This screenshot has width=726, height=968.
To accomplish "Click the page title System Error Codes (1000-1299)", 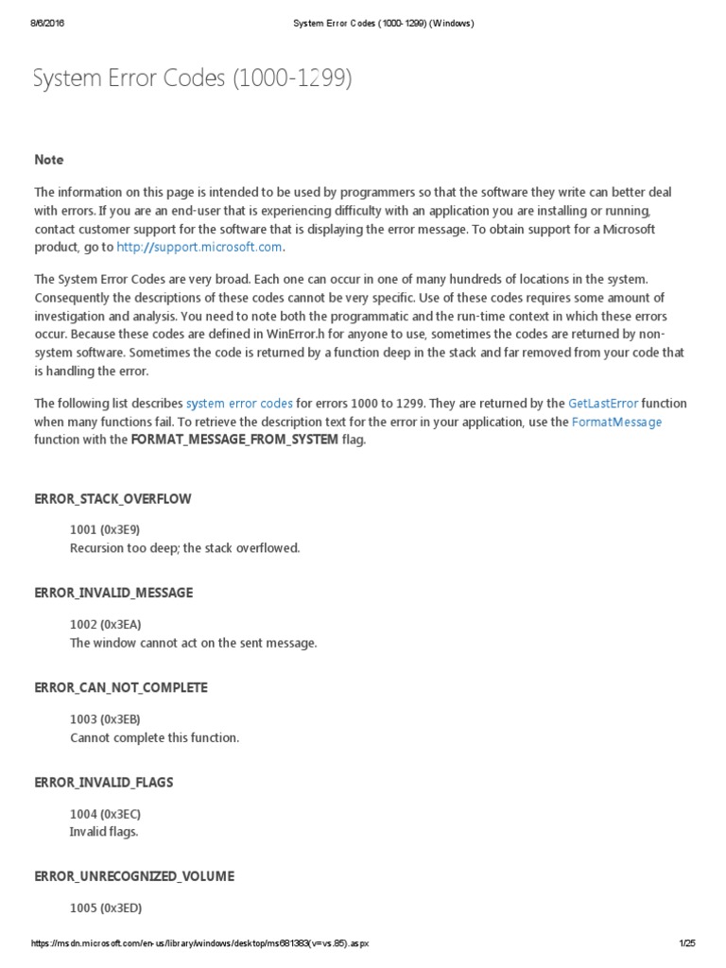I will click(192, 79).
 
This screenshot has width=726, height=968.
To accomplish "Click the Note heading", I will click(49, 160).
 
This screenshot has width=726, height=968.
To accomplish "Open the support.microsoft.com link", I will click(199, 247).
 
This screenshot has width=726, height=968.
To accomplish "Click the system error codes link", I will click(239, 404).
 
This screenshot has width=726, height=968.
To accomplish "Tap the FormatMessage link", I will click(616, 422).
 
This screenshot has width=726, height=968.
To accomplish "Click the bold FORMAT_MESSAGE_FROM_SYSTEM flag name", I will click(233, 440).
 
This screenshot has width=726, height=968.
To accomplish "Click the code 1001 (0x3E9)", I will click(105, 529).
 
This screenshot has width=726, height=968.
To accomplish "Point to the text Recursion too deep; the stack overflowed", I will click(184, 548).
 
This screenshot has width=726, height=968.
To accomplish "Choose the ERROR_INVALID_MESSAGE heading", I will click(113, 593).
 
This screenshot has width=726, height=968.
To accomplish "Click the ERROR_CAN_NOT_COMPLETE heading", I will click(120, 687).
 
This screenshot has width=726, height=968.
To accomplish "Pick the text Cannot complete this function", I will click(154, 737).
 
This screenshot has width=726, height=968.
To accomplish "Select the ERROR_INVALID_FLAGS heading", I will click(104, 782).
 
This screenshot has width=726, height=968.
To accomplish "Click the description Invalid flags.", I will click(104, 832).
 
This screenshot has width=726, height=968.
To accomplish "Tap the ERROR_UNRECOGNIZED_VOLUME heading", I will click(133, 876).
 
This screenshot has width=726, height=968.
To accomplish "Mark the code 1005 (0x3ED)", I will click(105, 907).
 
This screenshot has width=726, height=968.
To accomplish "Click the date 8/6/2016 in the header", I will click(45, 24).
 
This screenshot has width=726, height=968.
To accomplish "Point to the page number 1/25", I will click(687, 943).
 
